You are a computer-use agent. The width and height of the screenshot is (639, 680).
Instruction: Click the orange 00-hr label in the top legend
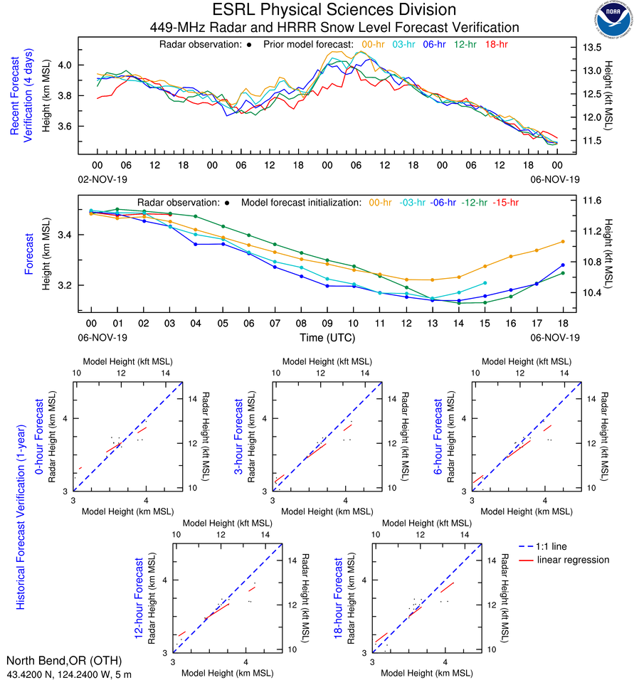tap(374, 44)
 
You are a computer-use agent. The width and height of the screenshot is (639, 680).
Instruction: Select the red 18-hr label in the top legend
tap(495, 44)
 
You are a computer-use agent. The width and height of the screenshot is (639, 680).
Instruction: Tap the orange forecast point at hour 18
tap(563, 242)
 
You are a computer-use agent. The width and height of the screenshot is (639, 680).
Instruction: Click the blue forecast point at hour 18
tap(563, 265)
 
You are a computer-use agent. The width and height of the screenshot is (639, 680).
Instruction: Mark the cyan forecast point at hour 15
tap(485, 283)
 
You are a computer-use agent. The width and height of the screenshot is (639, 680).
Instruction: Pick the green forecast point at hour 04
tap(196, 216)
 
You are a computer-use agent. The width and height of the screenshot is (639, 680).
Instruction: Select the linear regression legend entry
tap(574, 560)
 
